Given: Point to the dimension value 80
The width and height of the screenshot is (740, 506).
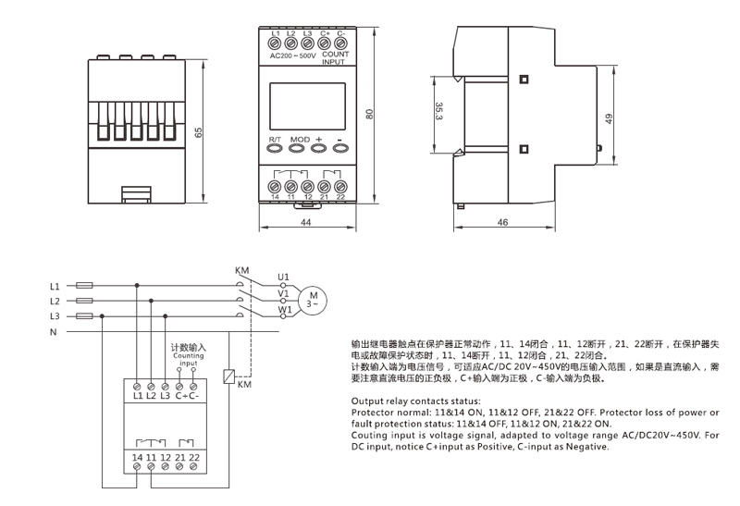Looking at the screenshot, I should coord(369,114).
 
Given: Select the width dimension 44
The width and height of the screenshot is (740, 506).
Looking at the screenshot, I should coord(306,222).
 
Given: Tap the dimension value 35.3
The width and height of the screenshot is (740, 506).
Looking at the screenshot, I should coord(438,112).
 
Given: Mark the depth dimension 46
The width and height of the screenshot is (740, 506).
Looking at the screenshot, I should coord(502,223).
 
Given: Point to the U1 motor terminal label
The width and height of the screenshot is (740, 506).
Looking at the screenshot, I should coord(283,277).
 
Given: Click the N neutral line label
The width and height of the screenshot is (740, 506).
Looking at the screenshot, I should coord(54,331).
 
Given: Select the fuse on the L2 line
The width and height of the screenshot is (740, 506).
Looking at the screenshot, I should coord(83,301).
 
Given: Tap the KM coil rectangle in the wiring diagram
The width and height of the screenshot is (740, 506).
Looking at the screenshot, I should coord(229,377).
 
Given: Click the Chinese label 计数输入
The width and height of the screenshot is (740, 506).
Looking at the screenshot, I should coord(188,349).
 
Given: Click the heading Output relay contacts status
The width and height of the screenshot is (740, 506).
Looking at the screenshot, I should coord(416,401).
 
